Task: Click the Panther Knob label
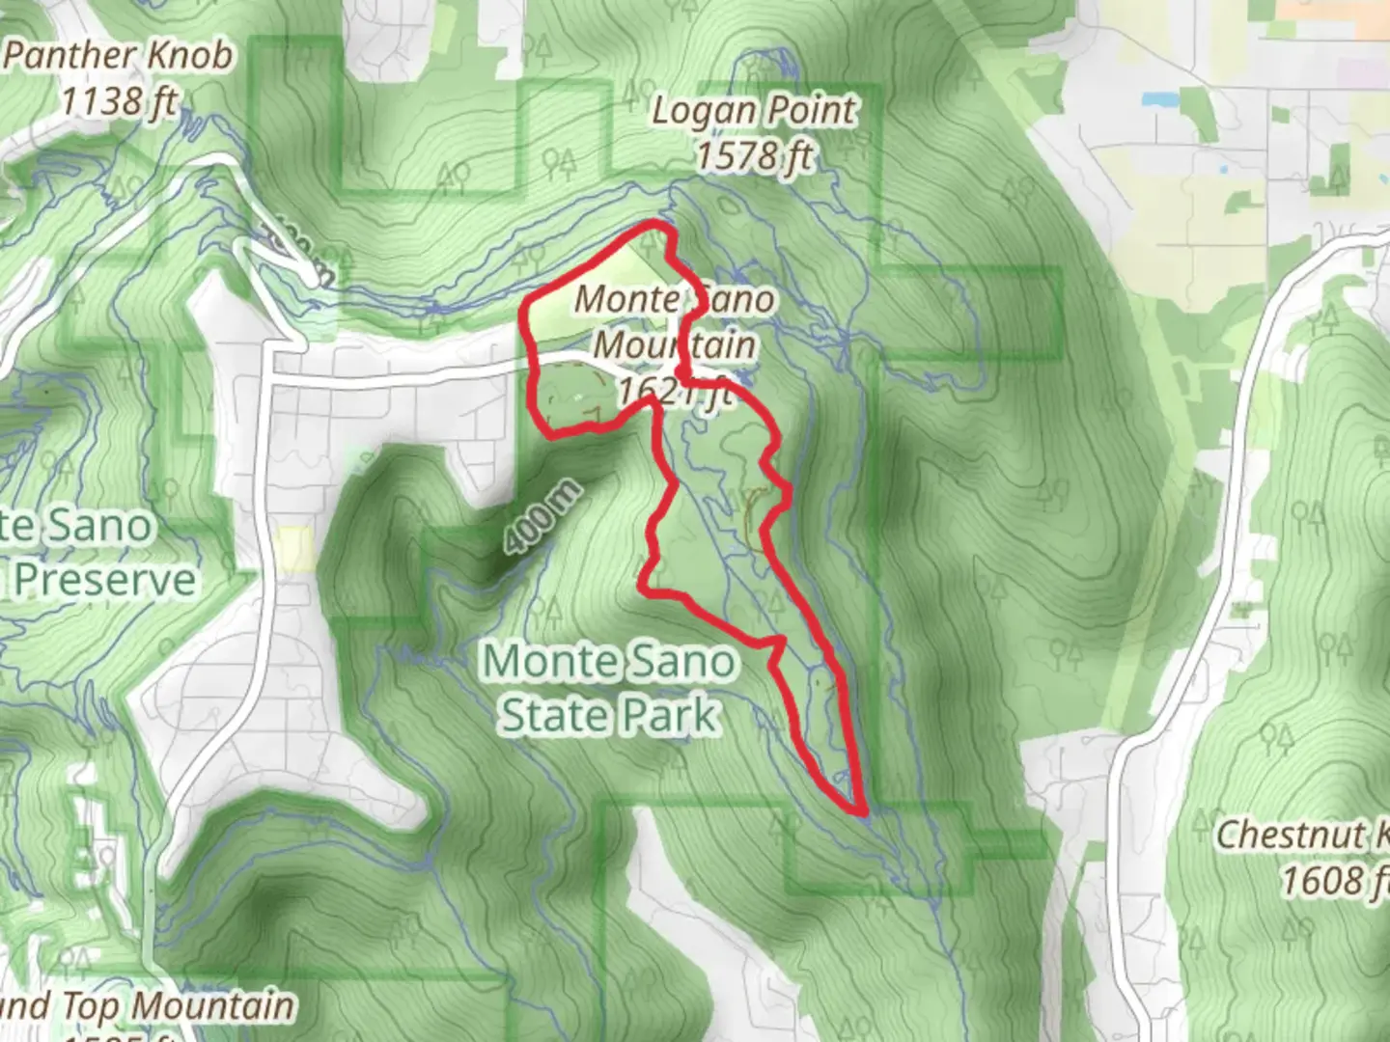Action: [x=118, y=55]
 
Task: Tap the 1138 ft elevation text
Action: [x=118, y=99]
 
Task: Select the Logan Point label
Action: [x=754, y=111]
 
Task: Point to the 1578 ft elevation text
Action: [x=754, y=155]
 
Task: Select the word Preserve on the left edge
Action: [x=104, y=580]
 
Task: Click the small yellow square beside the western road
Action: [x=292, y=550]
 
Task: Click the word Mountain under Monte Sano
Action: [x=674, y=344]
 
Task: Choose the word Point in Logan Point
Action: [x=811, y=111]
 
